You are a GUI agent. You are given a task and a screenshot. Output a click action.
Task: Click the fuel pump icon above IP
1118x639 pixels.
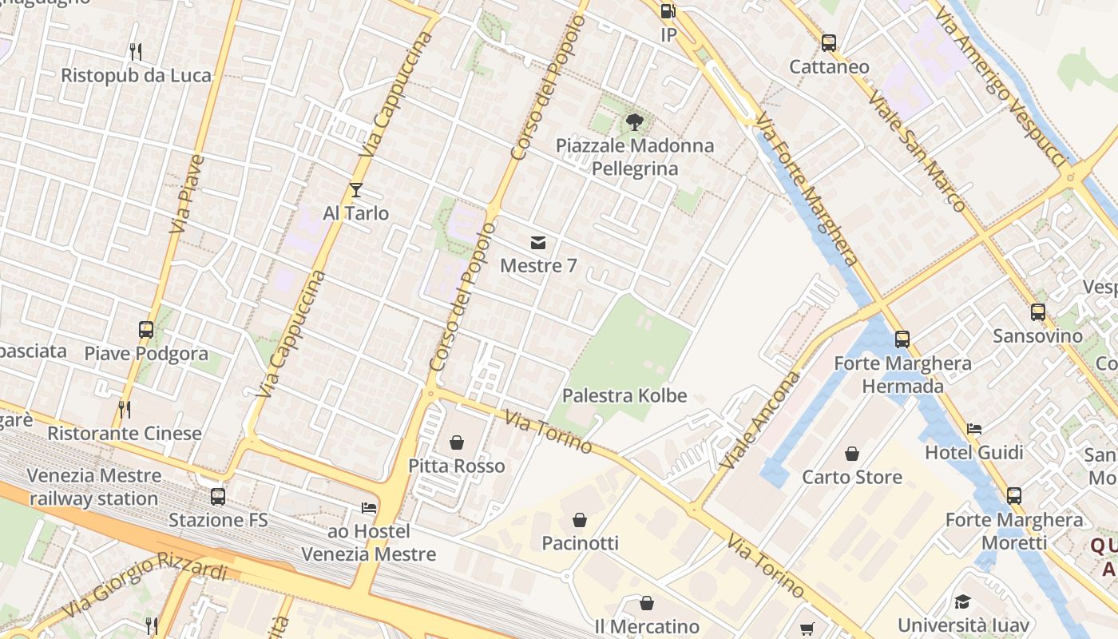tap(668, 11)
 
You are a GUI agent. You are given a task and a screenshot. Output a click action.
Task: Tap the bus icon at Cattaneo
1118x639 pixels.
tap(829, 42)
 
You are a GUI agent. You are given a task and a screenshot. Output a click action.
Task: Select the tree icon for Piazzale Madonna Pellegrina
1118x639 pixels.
tap(635, 122)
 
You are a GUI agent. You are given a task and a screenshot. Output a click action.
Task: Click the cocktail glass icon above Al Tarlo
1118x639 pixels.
tap(356, 189)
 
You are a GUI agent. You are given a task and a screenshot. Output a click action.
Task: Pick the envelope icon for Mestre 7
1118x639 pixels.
tap(538, 242)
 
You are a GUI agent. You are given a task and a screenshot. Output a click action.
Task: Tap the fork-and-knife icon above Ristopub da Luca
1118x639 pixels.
tap(136, 52)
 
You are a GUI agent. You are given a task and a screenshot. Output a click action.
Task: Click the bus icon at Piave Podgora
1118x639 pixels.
tap(146, 329)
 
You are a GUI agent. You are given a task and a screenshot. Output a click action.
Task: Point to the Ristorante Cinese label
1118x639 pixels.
tap(125, 434)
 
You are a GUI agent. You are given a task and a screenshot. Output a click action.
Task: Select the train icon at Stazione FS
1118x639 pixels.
tap(218, 496)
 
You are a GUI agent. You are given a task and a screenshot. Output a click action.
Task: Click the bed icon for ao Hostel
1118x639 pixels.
tap(368, 507)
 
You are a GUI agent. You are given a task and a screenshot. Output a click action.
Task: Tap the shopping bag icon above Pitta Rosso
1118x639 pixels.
tap(457, 442)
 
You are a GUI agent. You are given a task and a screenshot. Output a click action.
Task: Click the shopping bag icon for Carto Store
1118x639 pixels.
tap(852, 454)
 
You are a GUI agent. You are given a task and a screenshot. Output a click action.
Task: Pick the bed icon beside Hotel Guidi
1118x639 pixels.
tap(974, 429)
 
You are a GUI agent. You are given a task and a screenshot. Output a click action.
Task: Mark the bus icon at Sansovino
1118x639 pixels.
tap(1038, 312)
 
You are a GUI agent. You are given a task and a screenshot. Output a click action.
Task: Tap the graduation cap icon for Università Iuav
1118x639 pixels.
tap(962, 601)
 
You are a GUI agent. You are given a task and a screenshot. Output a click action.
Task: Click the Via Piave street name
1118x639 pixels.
tap(188, 194)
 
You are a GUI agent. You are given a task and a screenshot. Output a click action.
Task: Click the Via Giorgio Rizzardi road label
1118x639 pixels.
tap(144, 584)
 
